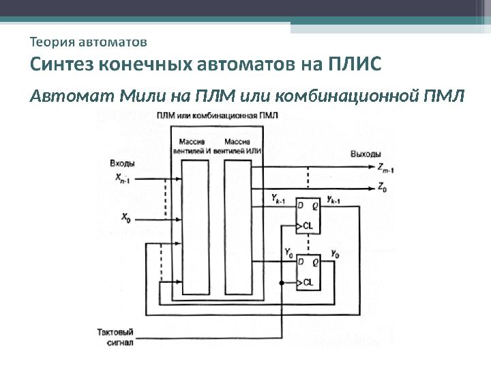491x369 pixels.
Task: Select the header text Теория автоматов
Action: [89, 42]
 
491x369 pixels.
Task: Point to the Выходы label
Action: [366, 154]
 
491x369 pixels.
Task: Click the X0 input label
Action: [126, 218]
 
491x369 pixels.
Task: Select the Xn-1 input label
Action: [123, 179]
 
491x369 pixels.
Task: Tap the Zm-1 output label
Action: [386, 167]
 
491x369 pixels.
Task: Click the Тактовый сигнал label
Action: [113, 336]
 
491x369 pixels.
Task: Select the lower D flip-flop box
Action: [307, 273]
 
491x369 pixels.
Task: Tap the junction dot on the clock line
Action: [281, 282]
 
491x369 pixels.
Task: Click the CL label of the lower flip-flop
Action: [308, 282]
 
